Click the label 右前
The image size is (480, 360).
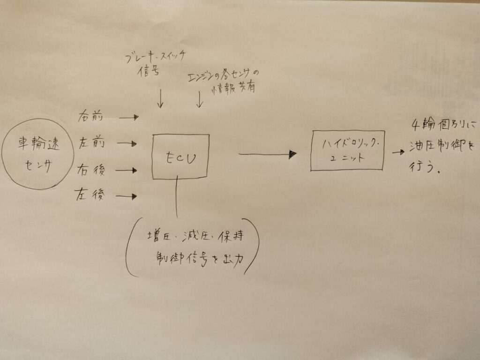pos(90,117)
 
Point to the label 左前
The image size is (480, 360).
pos(91,142)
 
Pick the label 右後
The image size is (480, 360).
pos(91,170)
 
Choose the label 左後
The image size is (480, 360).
pos(90,195)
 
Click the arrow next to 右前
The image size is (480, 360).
pos(129,117)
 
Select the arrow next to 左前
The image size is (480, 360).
pos(127,143)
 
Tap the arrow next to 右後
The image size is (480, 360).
pos(127,170)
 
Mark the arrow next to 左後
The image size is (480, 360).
pos(127,196)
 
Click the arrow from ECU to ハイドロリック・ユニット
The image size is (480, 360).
pos(268,154)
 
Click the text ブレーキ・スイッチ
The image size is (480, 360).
pos(156,57)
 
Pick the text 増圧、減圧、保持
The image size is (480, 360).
pos(195,236)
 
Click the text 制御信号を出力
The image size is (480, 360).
pos(200,260)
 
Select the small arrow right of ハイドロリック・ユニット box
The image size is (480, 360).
pos(398,152)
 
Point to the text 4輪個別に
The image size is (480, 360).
pos(443,125)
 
